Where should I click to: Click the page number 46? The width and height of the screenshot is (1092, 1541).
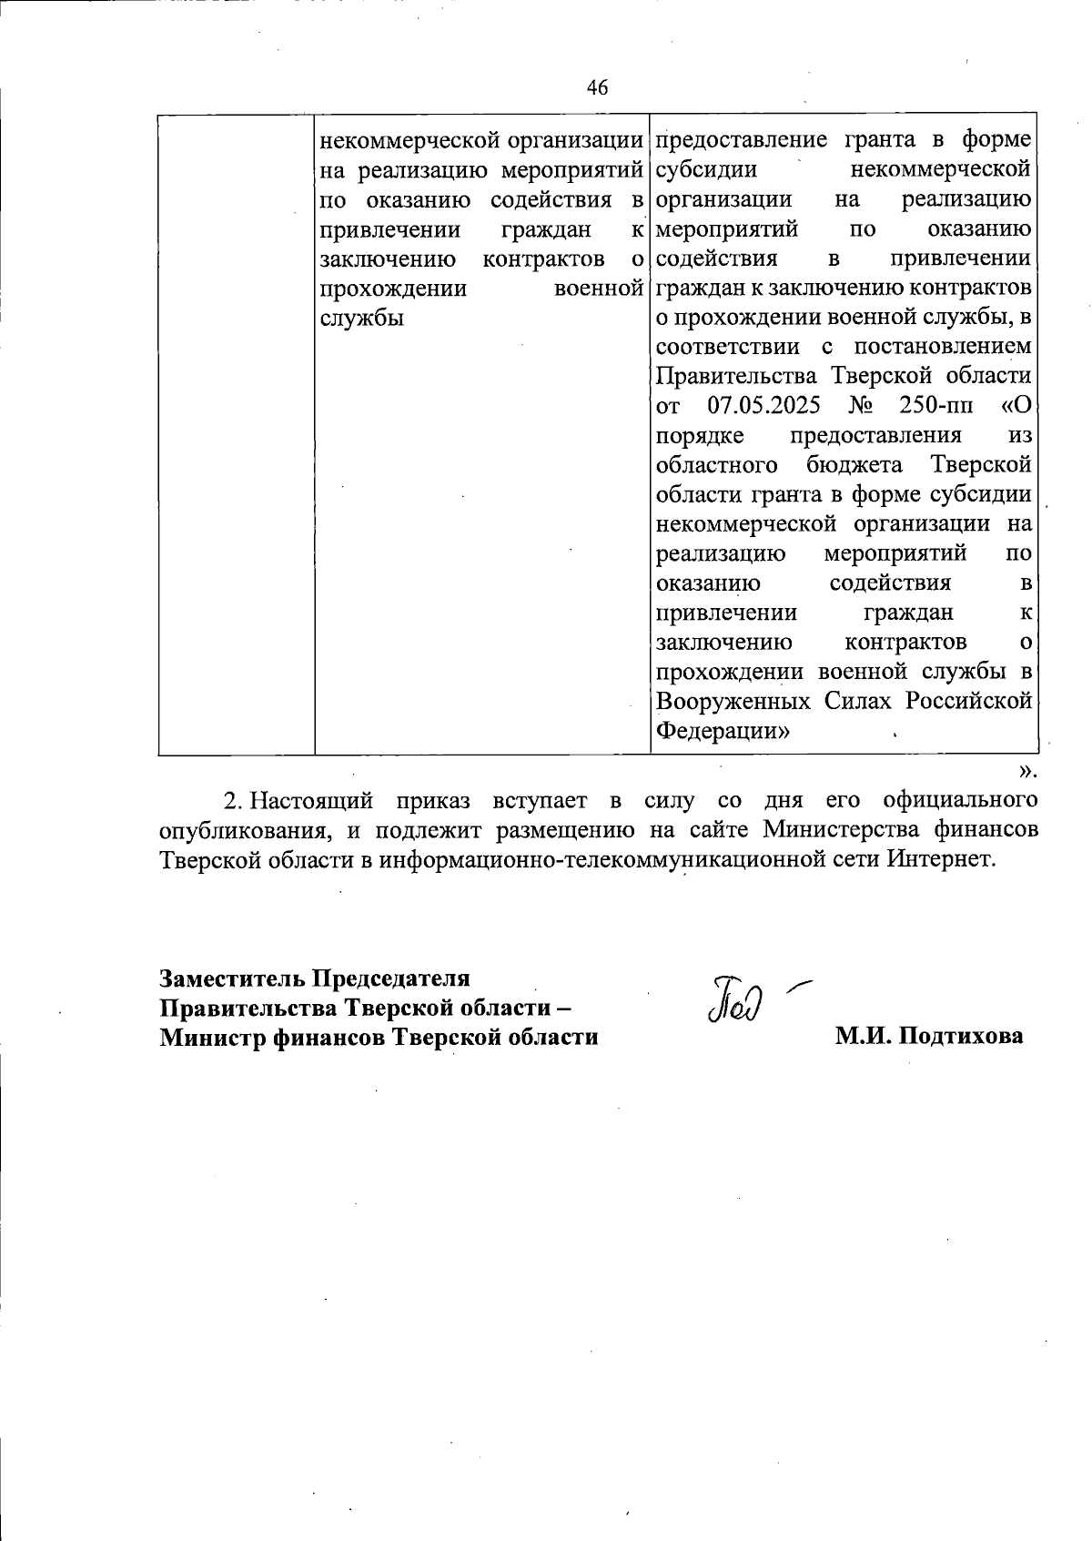click(x=597, y=87)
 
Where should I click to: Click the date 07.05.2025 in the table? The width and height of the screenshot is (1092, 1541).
click(x=763, y=405)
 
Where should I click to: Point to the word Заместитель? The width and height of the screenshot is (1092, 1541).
click(x=233, y=978)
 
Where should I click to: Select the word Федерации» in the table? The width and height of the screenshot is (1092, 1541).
click(x=723, y=731)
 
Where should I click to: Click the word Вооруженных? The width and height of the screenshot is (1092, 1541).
click(x=733, y=701)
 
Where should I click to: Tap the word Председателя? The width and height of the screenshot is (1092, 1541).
click(x=391, y=978)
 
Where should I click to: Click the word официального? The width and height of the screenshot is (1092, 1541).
click(x=959, y=801)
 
